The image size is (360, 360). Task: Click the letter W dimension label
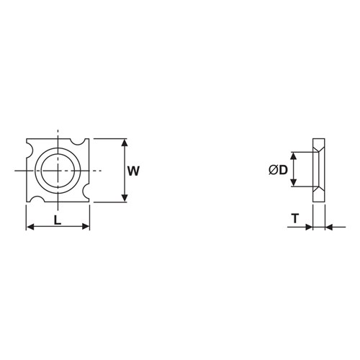[132, 171]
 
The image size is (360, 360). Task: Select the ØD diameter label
[278, 170]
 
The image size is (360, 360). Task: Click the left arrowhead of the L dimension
[30, 228]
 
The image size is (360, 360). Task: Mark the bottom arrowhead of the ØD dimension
[293, 184]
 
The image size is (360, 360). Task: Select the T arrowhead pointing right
[307, 228]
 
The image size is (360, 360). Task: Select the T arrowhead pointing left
[329, 228]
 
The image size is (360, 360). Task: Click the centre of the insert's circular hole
[58, 170]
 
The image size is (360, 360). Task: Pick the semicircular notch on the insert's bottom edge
[37, 199]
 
